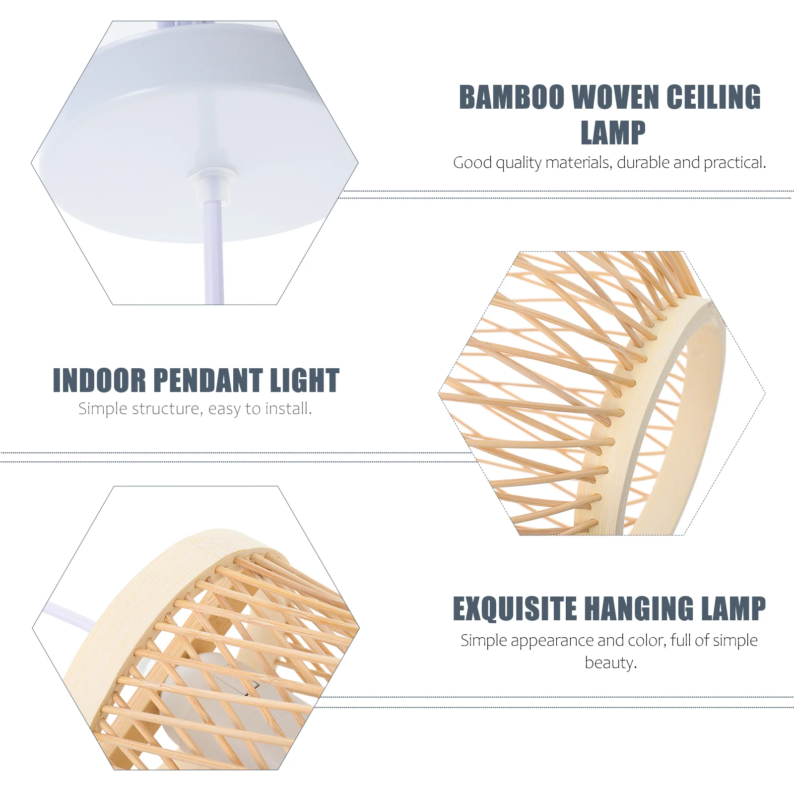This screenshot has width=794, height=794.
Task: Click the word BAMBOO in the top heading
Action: point(512,97)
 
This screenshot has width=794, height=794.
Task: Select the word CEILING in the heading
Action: point(714,97)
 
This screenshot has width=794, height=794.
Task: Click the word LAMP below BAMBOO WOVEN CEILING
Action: point(613,133)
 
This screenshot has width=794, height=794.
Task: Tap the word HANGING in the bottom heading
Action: point(639,609)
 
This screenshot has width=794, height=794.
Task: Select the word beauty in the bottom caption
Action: point(610,662)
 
